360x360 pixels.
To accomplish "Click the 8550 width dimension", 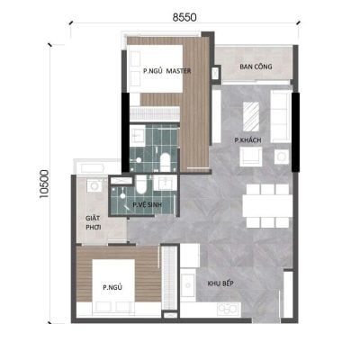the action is (184, 17).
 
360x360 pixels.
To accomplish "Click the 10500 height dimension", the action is (44, 184).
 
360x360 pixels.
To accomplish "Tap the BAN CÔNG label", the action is (256, 67).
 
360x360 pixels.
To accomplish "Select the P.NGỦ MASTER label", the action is (166, 71).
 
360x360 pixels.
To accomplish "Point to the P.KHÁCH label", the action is (247, 140).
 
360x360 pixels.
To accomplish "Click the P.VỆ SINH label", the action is (147, 205).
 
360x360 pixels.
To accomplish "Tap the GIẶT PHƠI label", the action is (93, 222).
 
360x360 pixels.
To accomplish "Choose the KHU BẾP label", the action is (220, 283).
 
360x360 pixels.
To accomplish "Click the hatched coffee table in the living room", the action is (251, 116).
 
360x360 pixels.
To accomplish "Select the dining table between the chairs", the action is (267, 206).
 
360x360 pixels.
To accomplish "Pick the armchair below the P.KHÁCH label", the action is (251, 157).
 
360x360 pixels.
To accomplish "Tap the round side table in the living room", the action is (282, 157).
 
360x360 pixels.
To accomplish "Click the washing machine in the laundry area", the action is (94, 185).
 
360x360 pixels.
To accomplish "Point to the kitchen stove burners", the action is (229, 309).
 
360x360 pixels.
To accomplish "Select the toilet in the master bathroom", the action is (165, 162).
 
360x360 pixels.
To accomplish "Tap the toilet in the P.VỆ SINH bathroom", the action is (141, 184).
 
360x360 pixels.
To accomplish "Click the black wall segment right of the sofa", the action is (296, 132).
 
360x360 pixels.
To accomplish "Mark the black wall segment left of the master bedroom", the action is (125, 132).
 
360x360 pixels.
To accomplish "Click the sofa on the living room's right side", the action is (281, 116).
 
